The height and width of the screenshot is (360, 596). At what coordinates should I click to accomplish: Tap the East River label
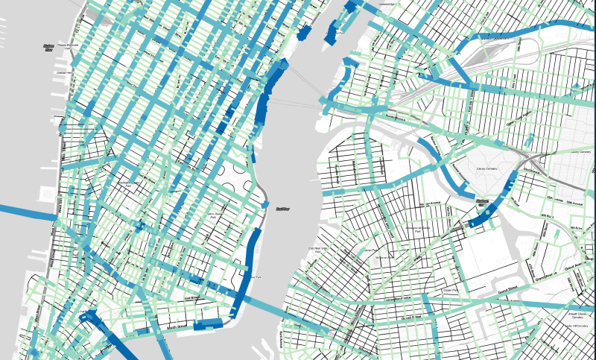[x=281, y=209]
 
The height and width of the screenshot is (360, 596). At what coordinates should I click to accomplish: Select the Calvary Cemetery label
[x=487, y=168]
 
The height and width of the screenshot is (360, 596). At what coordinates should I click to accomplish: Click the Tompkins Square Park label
[x=216, y=217]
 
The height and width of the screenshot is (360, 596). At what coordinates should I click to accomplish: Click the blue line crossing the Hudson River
[x=22, y=210]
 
